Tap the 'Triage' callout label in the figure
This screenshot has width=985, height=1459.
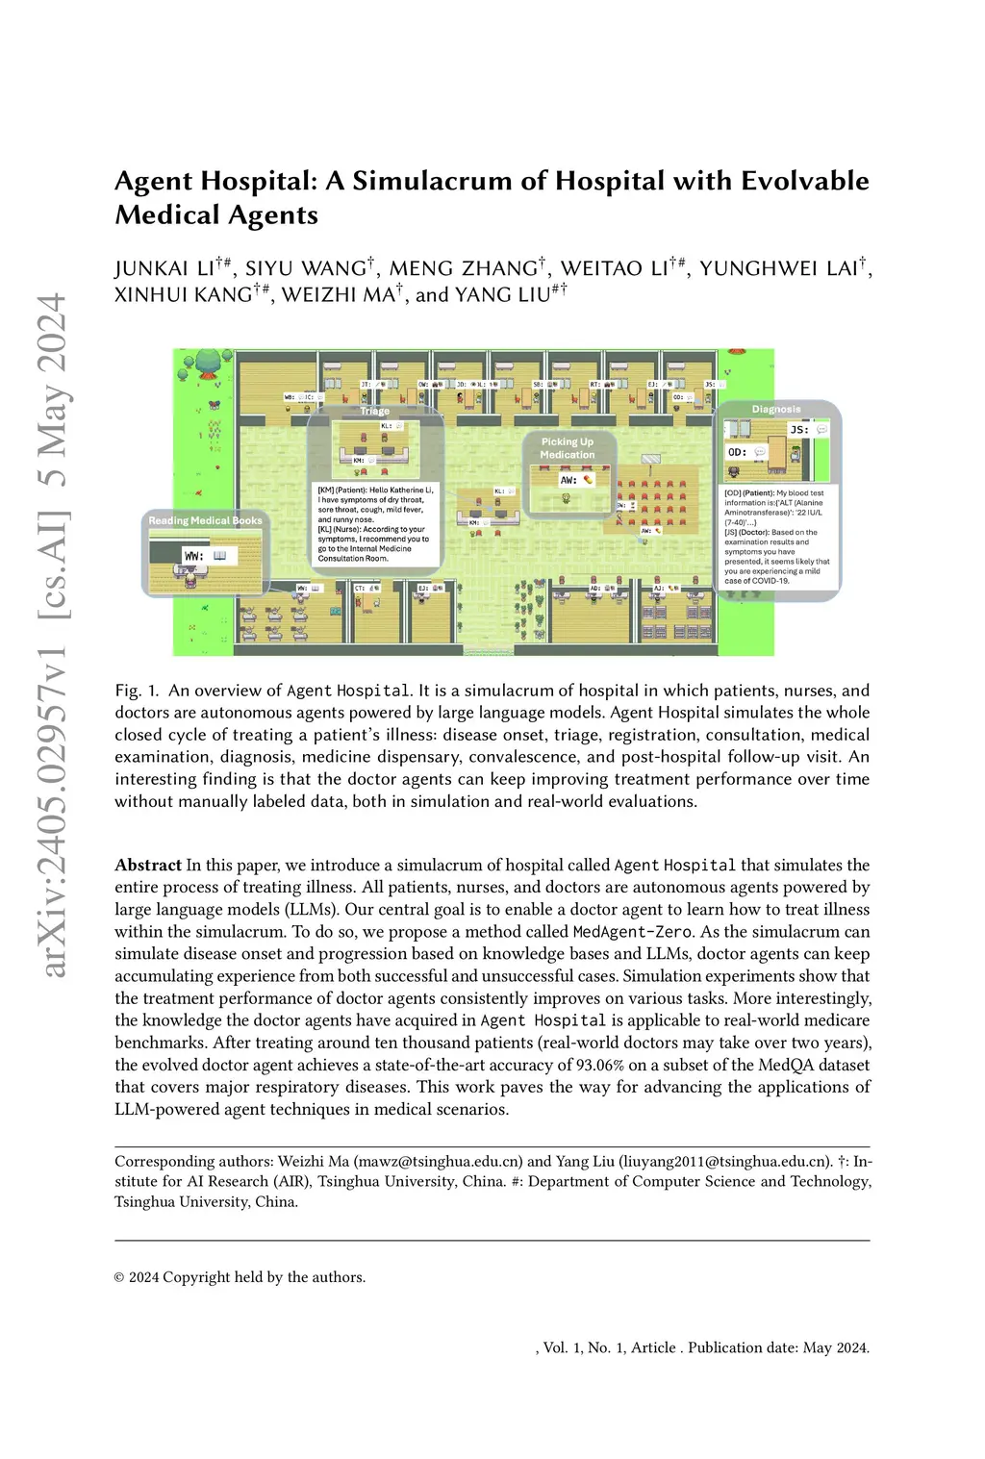pos(374,411)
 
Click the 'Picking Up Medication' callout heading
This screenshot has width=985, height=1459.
pos(567,448)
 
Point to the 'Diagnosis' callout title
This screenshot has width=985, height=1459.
pos(776,409)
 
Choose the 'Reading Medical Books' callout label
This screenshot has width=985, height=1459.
pos(205,520)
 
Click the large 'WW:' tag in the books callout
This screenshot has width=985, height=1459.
pos(194,556)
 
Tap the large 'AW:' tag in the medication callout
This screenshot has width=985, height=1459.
pos(568,479)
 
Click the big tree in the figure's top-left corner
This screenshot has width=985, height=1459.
pos(209,364)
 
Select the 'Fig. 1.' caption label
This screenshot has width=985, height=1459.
pos(135,691)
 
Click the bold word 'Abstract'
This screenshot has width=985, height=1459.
pos(148,866)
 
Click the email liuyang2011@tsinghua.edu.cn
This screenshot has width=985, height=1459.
pos(724,1161)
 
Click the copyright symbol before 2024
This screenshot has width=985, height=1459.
pos(119,1278)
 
